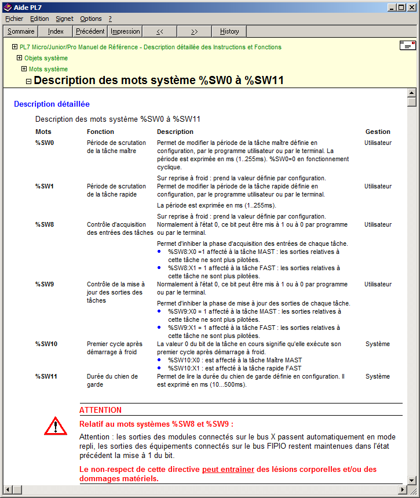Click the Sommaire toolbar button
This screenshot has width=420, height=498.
tap(21, 31)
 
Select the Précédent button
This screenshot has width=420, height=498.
tap(90, 31)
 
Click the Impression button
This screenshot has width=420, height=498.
tap(125, 31)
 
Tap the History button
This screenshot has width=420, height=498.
tap(229, 31)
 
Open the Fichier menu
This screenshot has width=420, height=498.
tap(14, 19)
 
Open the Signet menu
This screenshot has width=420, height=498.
tap(64, 19)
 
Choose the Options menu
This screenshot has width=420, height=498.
tap(91, 19)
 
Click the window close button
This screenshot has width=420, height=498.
tap(411, 7)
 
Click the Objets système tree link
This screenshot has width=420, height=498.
tap(46, 58)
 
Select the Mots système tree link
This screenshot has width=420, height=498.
tap(48, 69)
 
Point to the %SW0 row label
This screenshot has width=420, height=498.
tap(44, 143)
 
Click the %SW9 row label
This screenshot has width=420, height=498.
tap(44, 285)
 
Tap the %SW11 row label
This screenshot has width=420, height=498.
tap(46, 376)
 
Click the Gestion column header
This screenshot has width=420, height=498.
tap(378, 132)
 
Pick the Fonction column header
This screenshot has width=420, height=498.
tap(100, 132)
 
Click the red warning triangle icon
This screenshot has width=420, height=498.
tap(56, 426)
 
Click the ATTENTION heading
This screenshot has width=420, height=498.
tap(100, 410)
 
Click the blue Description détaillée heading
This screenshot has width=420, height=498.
tap(52, 104)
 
